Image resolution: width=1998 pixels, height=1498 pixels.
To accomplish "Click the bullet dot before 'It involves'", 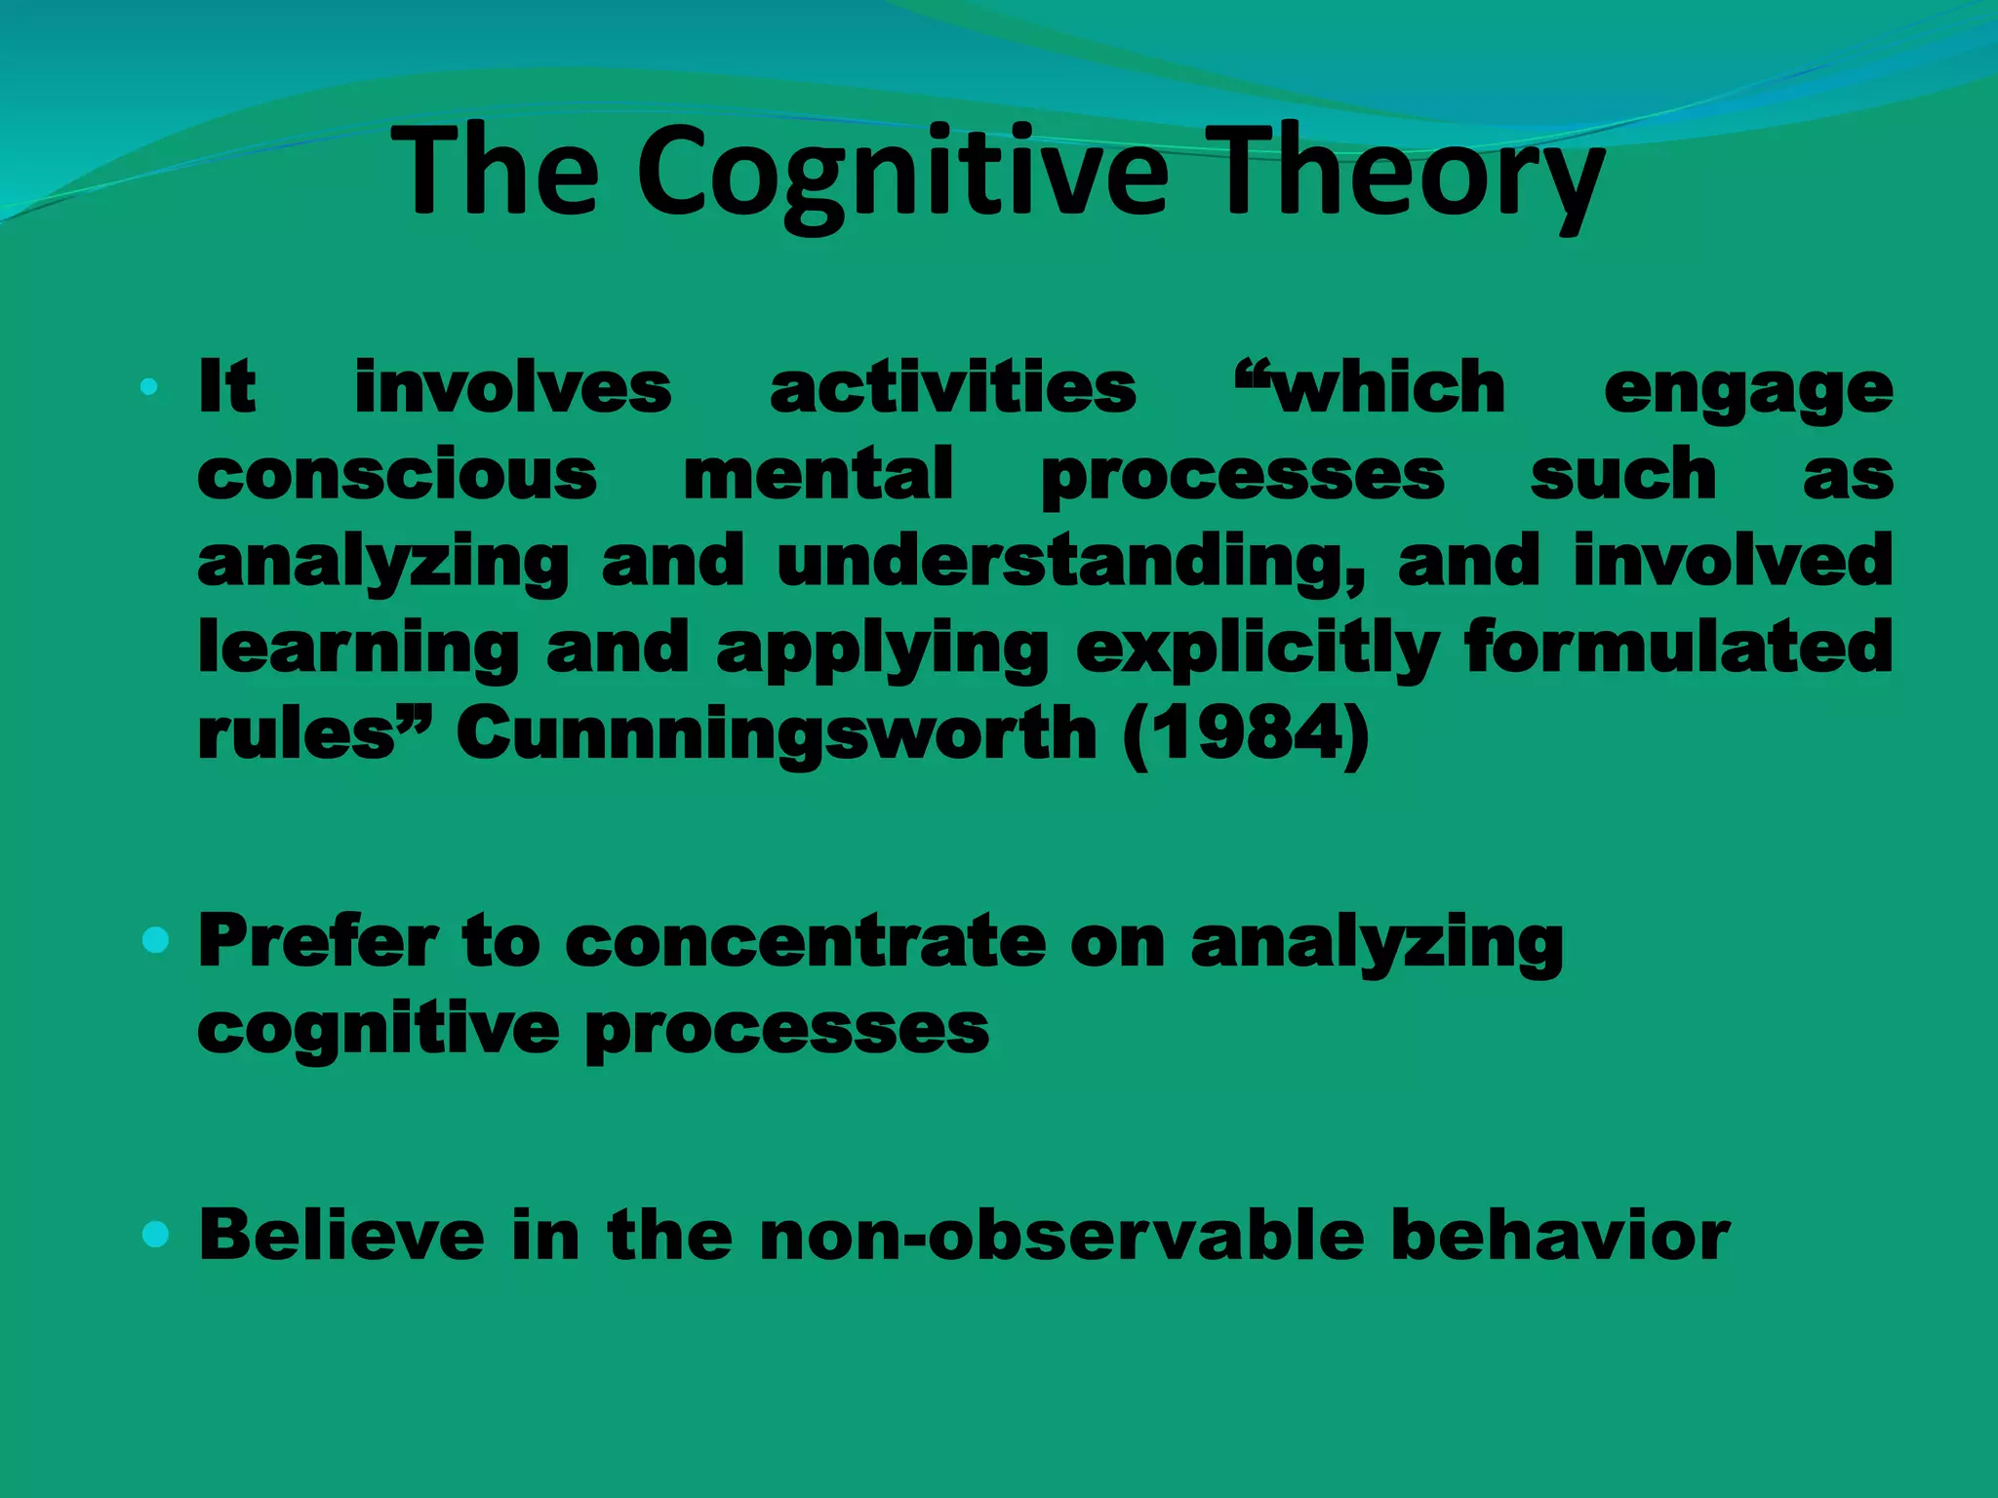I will coord(149,387).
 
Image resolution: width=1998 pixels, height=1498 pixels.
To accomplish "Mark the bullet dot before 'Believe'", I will coord(155,1235).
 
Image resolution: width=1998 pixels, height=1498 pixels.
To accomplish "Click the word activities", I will coord(953,388).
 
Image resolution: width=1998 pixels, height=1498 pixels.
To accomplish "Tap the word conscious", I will coord(397,475).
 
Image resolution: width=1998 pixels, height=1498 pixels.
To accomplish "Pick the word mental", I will coord(819,474).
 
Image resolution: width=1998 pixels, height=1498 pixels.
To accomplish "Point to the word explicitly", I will coord(1258,650).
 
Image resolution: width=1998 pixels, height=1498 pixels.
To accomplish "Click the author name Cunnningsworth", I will coord(777,733).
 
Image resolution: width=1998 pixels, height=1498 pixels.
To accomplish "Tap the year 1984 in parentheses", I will coord(1247,734).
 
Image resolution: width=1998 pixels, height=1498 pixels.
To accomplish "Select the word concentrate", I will coord(805,941).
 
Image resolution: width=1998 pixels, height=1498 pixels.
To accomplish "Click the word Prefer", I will coord(318,941).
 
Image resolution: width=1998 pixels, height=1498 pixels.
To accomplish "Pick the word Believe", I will coord(341,1235).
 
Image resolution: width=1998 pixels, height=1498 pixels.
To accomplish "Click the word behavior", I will coord(1560,1235).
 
